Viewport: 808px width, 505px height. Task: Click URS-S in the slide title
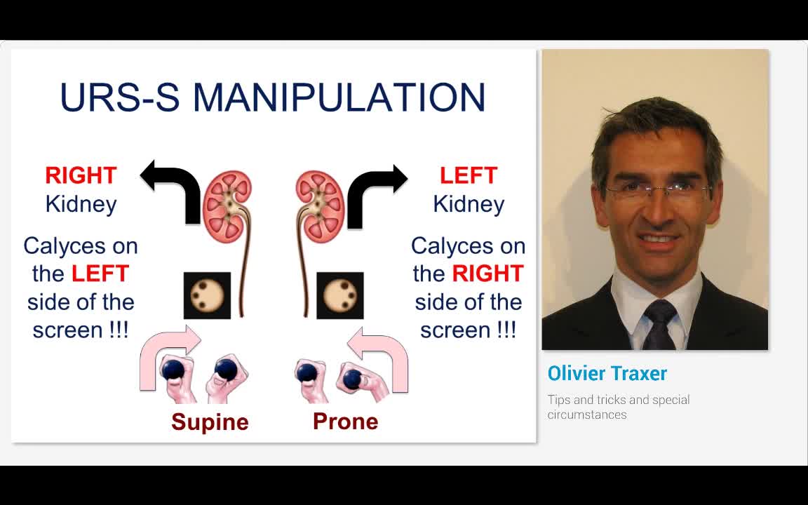click(x=119, y=97)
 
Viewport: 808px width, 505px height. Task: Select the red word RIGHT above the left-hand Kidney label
click(x=81, y=175)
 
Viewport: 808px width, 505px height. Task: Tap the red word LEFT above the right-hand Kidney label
click(x=469, y=175)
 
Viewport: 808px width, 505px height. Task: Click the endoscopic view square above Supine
click(x=207, y=295)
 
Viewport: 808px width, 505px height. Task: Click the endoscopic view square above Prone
click(x=339, y=295)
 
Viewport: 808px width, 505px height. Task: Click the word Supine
click(x=210, y=422)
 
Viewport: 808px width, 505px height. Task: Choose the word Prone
click(x=345, y=421)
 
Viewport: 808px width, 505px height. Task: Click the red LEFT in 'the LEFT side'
click(x=100, y=274)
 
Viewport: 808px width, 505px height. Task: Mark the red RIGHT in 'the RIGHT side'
click(x=487, y=274)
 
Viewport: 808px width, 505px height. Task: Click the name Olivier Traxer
click(x=607, y=373)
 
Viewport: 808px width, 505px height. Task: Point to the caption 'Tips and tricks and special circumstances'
click(x=619, y=407)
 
